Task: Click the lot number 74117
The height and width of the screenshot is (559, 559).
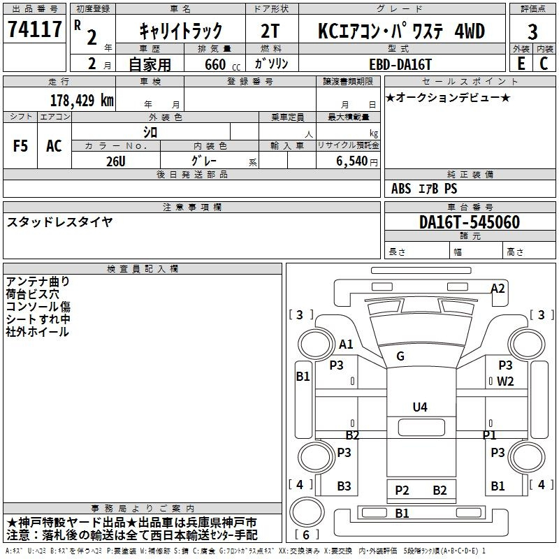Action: click(x=34, y=29)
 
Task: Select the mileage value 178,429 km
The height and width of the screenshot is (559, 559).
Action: click(x=82, y=101)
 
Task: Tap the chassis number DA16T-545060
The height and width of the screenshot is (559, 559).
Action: click(x=470, y=222)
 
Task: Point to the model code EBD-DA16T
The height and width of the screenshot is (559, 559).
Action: click(x=400, y=64)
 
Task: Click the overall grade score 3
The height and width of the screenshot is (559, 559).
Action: click(x=532, y=32)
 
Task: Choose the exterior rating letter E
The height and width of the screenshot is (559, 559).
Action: click(x=521, y=64)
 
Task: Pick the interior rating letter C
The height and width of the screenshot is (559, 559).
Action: click(x=544, y=64)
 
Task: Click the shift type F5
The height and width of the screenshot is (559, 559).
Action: click(x=20, y=146)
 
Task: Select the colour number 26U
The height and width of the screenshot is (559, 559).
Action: click(x=116, y=161)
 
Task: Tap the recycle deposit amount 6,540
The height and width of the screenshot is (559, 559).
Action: click(x=352, y=161)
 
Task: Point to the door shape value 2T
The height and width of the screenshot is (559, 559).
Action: click(x=270, y=31)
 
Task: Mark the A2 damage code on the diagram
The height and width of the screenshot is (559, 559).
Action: click(x=498, y=289)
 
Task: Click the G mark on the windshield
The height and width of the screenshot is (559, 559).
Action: click(x=400, y=356)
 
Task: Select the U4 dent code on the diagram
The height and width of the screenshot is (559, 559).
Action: click(x=420, y=407)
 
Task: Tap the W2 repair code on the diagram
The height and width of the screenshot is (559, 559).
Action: click(x=505, y=382)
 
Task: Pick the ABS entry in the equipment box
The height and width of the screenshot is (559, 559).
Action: click(x=401, y=189)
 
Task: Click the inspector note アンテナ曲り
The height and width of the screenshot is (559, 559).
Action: click(x=38, y=282)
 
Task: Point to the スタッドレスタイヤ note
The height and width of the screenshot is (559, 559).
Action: click(x=59, y=222)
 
